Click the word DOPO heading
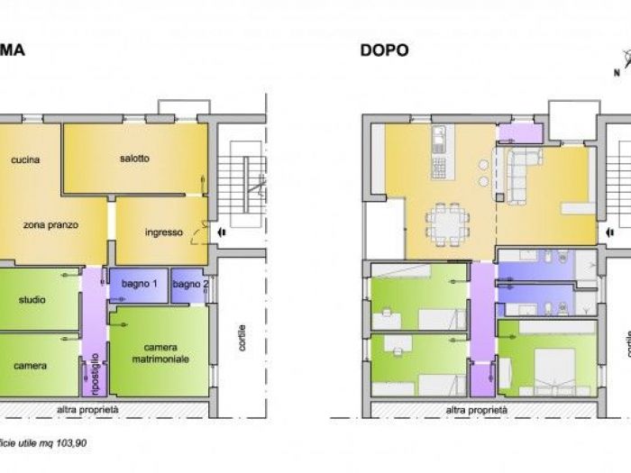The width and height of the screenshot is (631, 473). [385, 50]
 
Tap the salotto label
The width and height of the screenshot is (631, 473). [134, 159]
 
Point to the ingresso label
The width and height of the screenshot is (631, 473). [163, 232]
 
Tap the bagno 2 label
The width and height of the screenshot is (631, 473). [189, 285]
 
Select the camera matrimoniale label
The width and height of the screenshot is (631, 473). [159, 352]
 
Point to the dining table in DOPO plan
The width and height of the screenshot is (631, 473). [447, 223]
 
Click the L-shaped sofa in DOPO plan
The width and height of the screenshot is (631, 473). [518, 171]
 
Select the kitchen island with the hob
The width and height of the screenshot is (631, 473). [439, 153]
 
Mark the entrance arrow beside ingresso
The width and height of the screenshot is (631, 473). [221, 232]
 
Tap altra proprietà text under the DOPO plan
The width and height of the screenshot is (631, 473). [477, 410]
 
